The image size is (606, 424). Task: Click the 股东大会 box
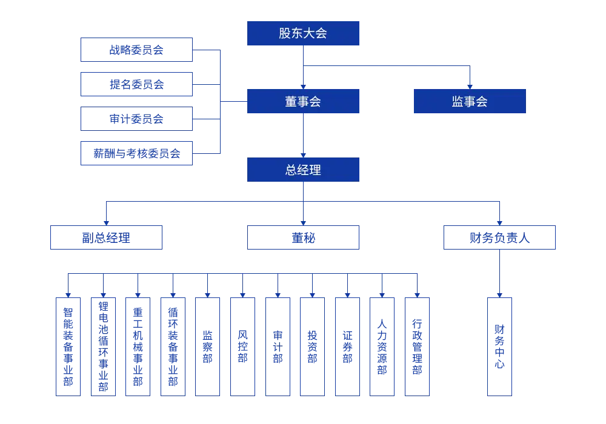point(305,33)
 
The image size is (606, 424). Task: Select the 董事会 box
point(305,101)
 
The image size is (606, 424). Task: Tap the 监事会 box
point(470,101)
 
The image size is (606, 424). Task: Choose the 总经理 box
point(305,170)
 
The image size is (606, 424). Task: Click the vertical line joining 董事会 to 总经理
point(303,135)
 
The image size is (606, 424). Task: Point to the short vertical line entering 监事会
point(467,77)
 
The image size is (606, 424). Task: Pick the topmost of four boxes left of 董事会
point(136,49)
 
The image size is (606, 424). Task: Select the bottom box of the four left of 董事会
point(136,154)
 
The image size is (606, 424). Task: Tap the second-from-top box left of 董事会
point(136,83)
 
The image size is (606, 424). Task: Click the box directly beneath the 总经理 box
point(305,237)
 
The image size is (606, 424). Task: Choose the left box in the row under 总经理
point(107,237)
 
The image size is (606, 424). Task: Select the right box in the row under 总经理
point(499,237)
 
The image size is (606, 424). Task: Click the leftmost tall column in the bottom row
point(68,346)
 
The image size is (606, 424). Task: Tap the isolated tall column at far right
point(499,346)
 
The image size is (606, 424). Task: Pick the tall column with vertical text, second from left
point(102,346)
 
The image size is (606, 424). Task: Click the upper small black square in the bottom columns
point(284,342)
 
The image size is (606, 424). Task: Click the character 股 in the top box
point(285,33)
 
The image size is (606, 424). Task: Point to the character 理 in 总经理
point(315,170)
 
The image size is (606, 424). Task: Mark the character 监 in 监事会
point(458,101)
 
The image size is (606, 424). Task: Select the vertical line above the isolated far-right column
point(501,273)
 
